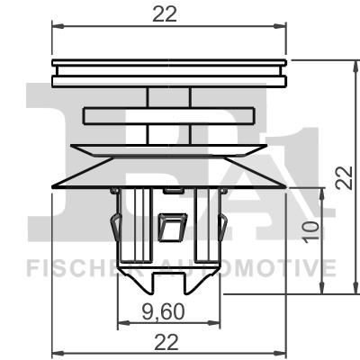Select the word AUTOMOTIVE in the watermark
pos(261,267)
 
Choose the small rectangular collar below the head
pos(170,115)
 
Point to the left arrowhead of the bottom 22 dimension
pos(56,352)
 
